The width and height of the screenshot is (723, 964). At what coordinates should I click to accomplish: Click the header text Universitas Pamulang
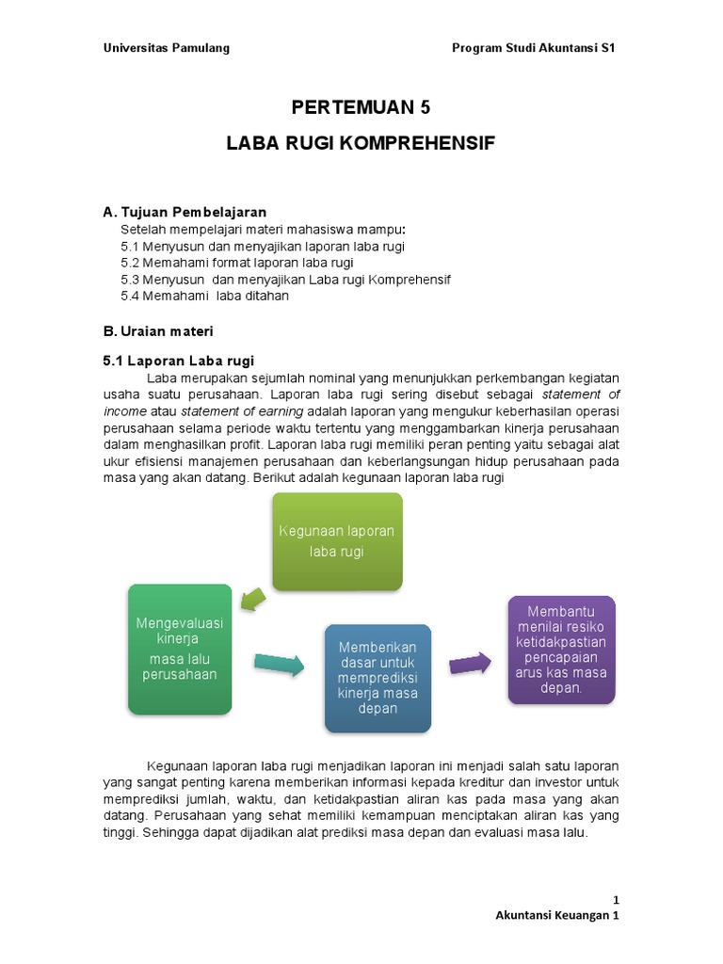(166, 48)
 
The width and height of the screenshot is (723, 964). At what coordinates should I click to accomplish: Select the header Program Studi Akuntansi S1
(534, 48)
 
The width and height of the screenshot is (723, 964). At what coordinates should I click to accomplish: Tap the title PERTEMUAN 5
(361, 107)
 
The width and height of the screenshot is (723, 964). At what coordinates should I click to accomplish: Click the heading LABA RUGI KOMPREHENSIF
(361, 144)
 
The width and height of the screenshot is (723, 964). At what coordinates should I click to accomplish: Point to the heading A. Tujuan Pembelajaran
(185, 212)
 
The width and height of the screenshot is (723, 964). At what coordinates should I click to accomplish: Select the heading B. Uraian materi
(158, 330)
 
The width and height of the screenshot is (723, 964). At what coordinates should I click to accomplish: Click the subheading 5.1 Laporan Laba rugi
(178, 361)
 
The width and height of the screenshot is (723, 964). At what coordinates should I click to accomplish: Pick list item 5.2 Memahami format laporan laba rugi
(250, 263)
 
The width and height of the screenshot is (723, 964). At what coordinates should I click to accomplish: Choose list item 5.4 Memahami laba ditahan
(204, 296)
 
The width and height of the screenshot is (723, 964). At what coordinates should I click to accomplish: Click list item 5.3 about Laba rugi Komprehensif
(285, 280)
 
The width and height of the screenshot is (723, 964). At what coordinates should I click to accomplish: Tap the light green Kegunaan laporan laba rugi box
(337, 541)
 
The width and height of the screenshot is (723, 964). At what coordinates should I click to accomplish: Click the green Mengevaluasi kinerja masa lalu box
(179, 649)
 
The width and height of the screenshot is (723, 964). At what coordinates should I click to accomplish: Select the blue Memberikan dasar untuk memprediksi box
(378, 678)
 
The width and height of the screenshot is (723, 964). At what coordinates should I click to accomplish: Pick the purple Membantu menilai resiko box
(561, 650)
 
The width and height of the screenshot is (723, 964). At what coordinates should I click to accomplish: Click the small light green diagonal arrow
(252, 598)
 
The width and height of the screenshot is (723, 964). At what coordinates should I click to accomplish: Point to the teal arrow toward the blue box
(279, 665)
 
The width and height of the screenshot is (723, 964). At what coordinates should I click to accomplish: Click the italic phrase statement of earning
(242, 411)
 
